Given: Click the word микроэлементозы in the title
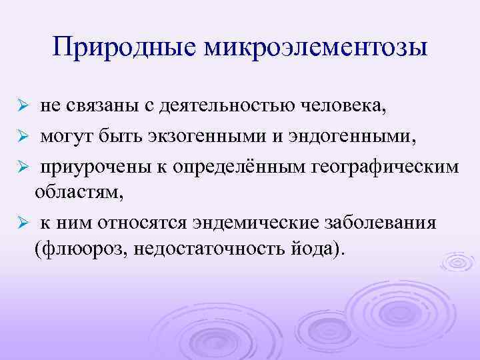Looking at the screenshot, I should (314, 47).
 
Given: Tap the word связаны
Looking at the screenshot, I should (93, 107).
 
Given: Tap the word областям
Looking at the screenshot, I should (73, 193).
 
